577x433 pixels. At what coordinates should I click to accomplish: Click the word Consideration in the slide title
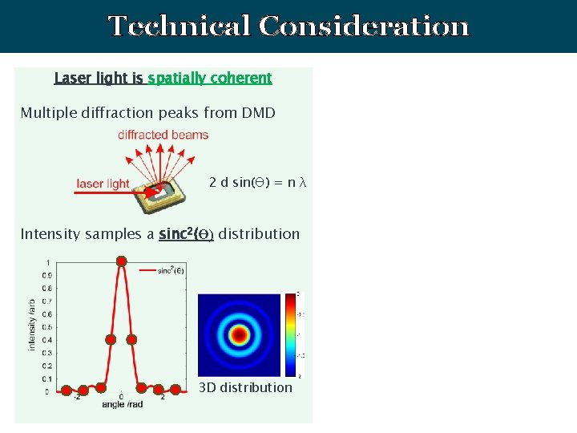pos(363,26)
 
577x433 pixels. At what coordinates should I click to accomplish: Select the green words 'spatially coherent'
pos(210,78)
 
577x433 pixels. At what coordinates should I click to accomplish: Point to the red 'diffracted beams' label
pos(163,135)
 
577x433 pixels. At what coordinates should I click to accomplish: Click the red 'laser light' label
pos(103,184)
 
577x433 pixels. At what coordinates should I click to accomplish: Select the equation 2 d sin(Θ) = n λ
pos(257,183)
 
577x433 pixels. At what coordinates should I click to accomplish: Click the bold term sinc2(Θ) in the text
pos(186,234)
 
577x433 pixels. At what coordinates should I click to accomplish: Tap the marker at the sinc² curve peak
pos(121,261)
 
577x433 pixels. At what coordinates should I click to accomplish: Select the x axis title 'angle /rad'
pos(122,405)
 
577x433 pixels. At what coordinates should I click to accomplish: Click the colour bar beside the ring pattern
pos(289,334)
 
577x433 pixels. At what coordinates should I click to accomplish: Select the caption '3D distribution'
pos(245,387)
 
